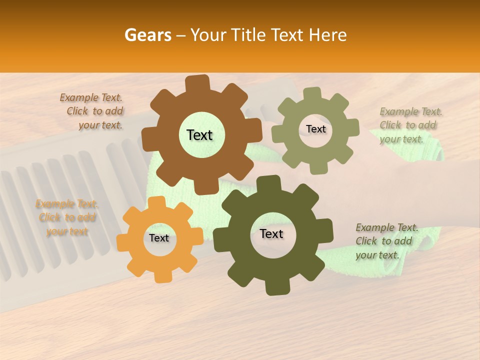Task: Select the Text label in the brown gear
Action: click(199, 135)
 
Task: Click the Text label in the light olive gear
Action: click(315, 129)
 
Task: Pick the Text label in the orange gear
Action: click(159, 238)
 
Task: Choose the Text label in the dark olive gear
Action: click(271, 234)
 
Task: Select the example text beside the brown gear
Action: click(92, 111)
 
